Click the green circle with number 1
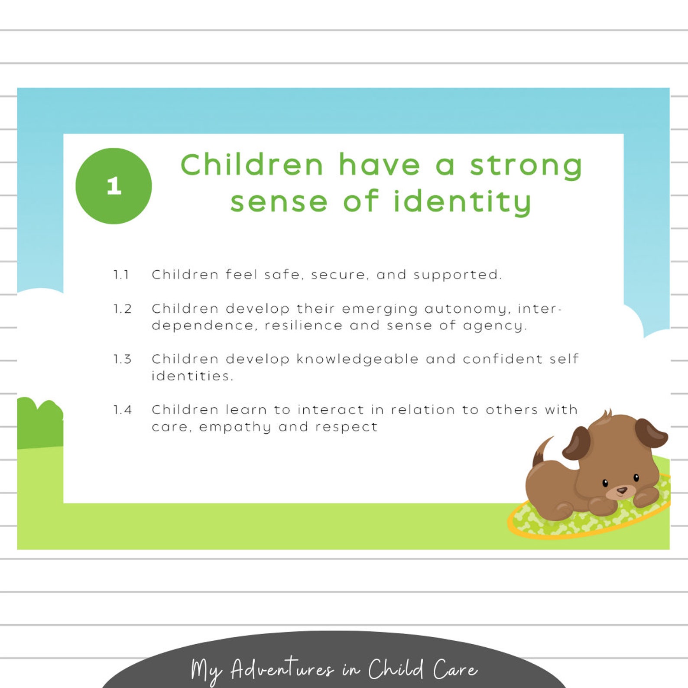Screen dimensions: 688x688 tap(114, 186)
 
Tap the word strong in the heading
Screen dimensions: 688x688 tap(526, 166)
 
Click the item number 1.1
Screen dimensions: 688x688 tap(121, 275)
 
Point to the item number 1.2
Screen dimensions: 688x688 tap(122, 309)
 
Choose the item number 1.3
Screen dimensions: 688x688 tap(122, 359)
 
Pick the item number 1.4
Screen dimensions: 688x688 tap(122, 410)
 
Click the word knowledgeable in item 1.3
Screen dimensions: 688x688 tap(357, 359)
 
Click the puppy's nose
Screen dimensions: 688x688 tap(622, 490)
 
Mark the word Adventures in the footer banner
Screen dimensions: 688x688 tap(282, 669)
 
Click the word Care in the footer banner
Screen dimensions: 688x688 tap(454, 669)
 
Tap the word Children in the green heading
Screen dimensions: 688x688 tap(252, 166)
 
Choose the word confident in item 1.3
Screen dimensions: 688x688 tap(503, 359)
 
